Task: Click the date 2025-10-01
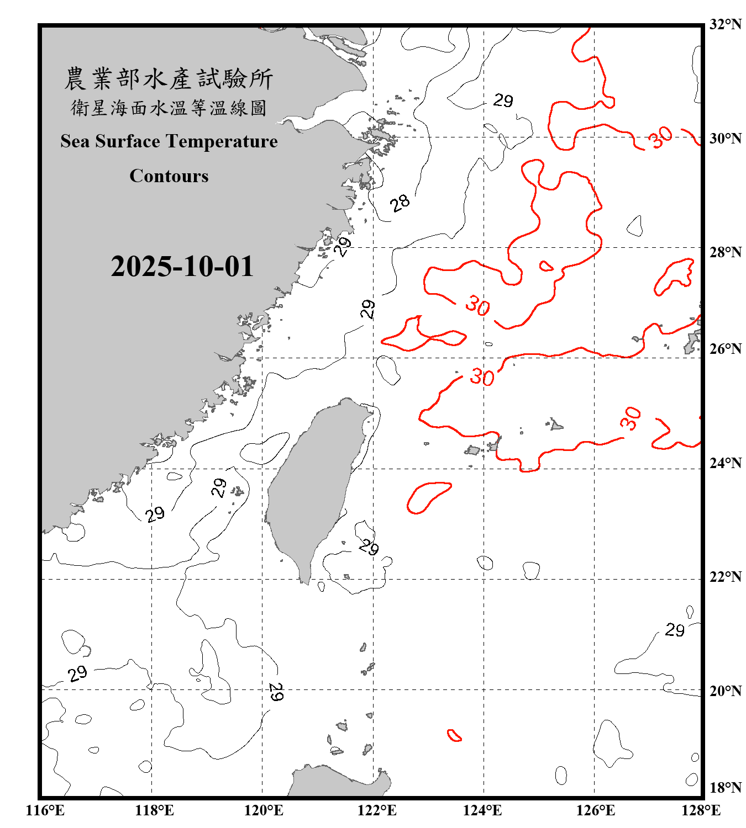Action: pos(182,267)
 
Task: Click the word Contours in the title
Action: pos(169,176)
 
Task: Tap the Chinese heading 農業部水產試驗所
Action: pos(169,79)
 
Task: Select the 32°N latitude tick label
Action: pos(725,24)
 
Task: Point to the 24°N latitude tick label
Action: pos(725,463)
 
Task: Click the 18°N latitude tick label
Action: pos(725,788)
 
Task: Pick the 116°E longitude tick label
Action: pos(45,810)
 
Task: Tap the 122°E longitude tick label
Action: pos(377,810)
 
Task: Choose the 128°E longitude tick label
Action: pos(701,810)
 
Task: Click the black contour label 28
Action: pos(400,203)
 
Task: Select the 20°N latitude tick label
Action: pos(725,691)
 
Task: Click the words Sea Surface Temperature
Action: pos(169,141)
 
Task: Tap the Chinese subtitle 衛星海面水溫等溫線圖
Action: pos(169,108)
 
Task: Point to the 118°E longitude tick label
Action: pos(154,810)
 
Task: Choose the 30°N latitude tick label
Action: pos(725,138)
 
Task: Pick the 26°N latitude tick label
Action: pos(725,349)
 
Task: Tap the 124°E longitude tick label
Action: pos(482,810)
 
